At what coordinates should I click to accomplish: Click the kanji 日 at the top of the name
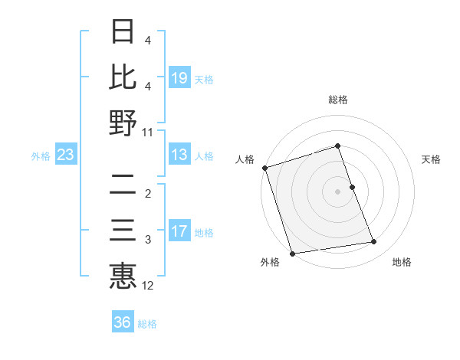coord(123,31)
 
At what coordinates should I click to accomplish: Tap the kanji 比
coord(123,77)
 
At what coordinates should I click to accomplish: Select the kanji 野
coord(123,123)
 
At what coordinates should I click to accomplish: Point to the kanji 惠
coord(123,277)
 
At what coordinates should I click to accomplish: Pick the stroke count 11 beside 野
coord(148,132)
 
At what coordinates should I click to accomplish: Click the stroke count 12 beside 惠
coord(148,286)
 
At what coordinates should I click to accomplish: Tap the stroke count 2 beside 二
coord(148,193)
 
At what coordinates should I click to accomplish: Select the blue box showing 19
coord(179,77)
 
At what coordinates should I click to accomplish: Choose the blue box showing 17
coord(179,232)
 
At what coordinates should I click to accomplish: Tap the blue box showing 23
coord(66,155)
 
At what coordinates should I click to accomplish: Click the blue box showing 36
coord(123,322)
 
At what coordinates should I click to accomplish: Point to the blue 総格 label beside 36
coord(147,324)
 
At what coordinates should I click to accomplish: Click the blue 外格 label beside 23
coord(41,156)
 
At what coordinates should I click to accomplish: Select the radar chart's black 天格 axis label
coord(432,159)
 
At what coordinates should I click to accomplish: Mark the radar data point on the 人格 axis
coord(264,168)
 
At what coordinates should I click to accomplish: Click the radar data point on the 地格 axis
coord(374,242)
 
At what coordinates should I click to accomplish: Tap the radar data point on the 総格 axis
coord(338,146)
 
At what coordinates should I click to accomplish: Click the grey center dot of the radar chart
coord(338,191)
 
